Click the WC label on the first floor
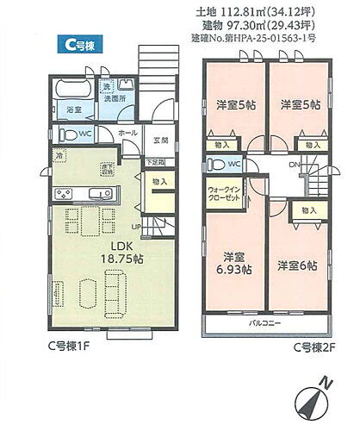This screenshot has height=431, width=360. (86, 134)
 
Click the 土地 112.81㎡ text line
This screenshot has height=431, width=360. (259, 11)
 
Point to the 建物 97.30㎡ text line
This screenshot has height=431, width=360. (259, 25)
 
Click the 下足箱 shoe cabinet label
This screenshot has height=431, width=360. (155, 162)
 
